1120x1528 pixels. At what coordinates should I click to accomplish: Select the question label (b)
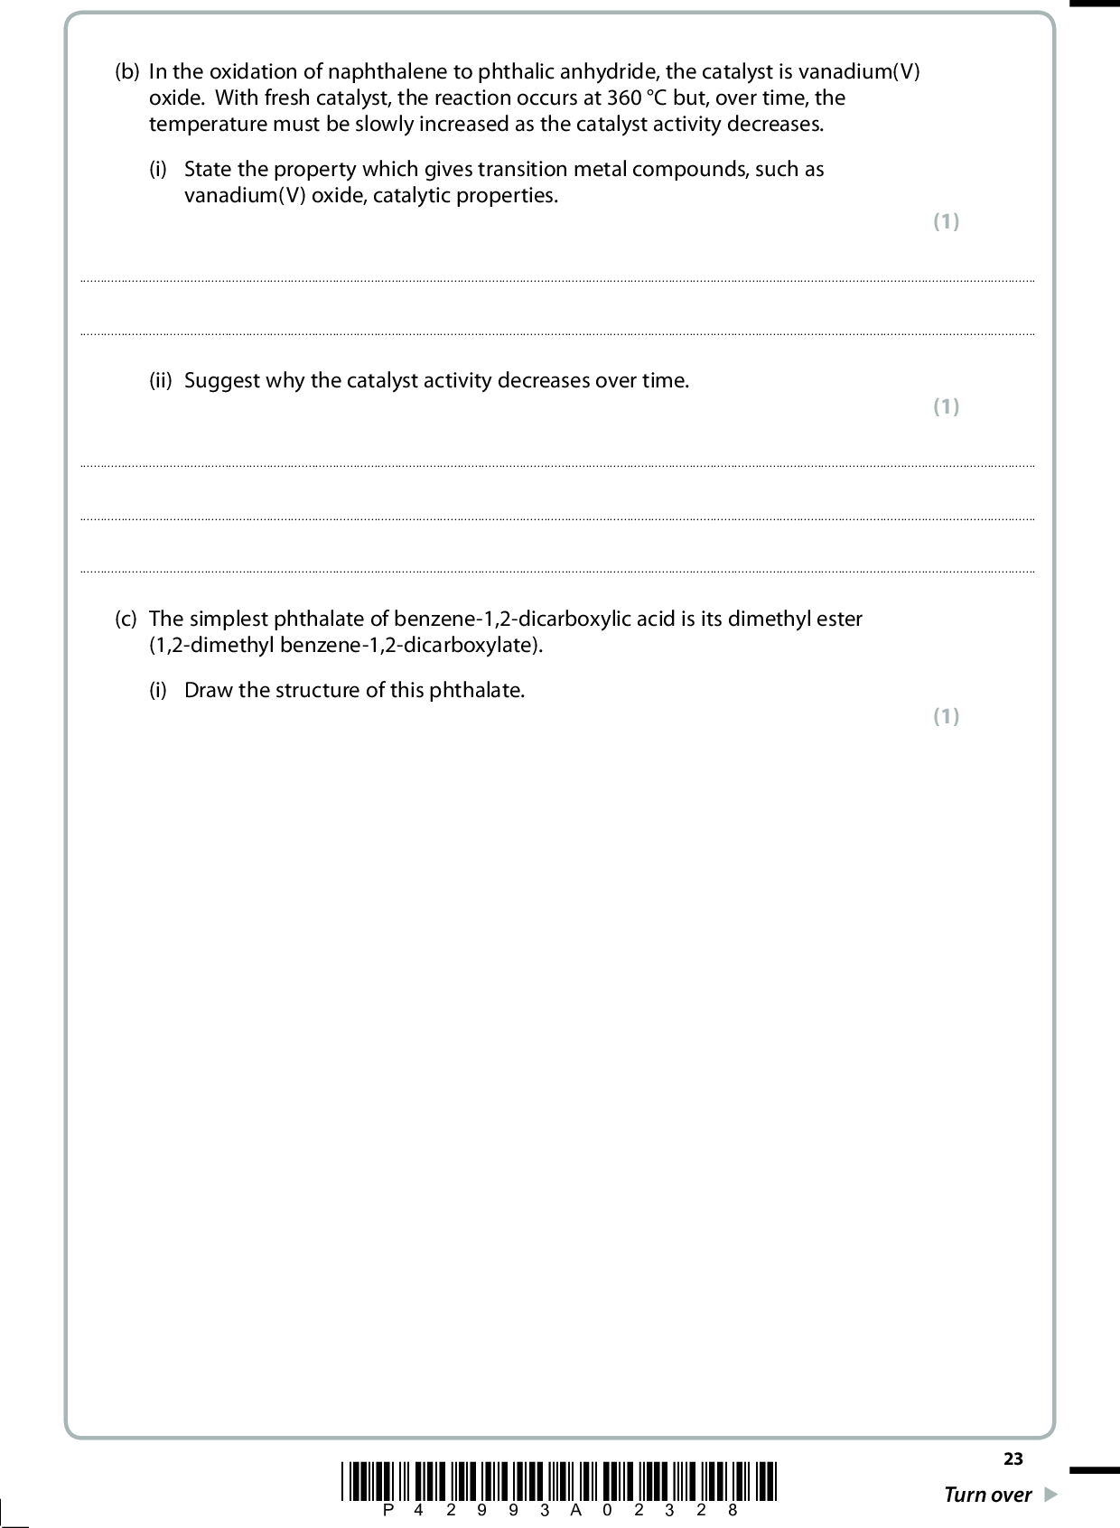pyautogui.click(x=127, y=71)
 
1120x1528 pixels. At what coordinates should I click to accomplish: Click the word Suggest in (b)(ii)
pyautogui.click(x=222, y=381)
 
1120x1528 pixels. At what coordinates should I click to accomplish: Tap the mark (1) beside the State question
pyautogui.click(x=946, y=221)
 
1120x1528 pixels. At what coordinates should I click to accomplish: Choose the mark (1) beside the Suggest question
pyautogui.click(x=946, y=406)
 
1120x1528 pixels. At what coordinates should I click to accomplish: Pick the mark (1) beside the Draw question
pyautogui.click(x=946, y=716)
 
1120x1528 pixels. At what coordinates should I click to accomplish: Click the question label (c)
pyautogui.click(x=126, y=620)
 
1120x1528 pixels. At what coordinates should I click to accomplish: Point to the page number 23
pyautogui.click(x=1013, y=1459)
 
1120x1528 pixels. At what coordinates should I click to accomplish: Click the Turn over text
pyautogui.click(x=987, y=1495)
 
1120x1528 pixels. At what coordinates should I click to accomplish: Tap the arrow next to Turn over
pyautogui.click(x=1050, y=1495)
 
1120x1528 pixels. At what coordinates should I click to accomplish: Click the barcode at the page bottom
pyautogui.click(x=560, y=1480)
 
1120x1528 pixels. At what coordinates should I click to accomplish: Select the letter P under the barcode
pyautogui.click(x=389, y=1510)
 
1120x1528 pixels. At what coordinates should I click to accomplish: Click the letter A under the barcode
pyautogui.click(x=575, y=1510)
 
